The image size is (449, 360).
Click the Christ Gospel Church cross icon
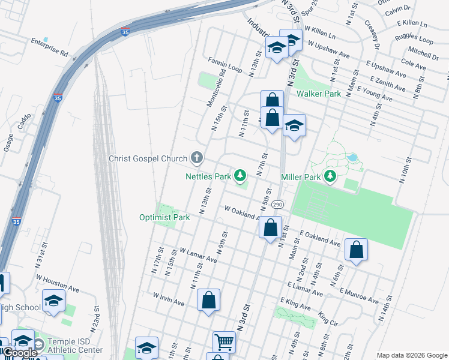pos(196,158)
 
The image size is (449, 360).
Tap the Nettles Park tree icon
pos(240,176)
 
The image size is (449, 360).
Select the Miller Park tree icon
pos(329,176)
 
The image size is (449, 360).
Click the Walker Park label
pos(318,94)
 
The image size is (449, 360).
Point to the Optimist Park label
pos(164,217)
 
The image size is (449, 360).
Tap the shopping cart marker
pos(224,342)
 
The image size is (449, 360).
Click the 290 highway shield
pos(277,205)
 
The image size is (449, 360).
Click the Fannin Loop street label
pos(225,65)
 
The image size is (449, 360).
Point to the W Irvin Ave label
pos(169,299)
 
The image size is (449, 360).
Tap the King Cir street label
pos(328,319)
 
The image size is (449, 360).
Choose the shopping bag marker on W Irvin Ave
pos(208,300)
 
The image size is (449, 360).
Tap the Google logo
pos(19,353)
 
